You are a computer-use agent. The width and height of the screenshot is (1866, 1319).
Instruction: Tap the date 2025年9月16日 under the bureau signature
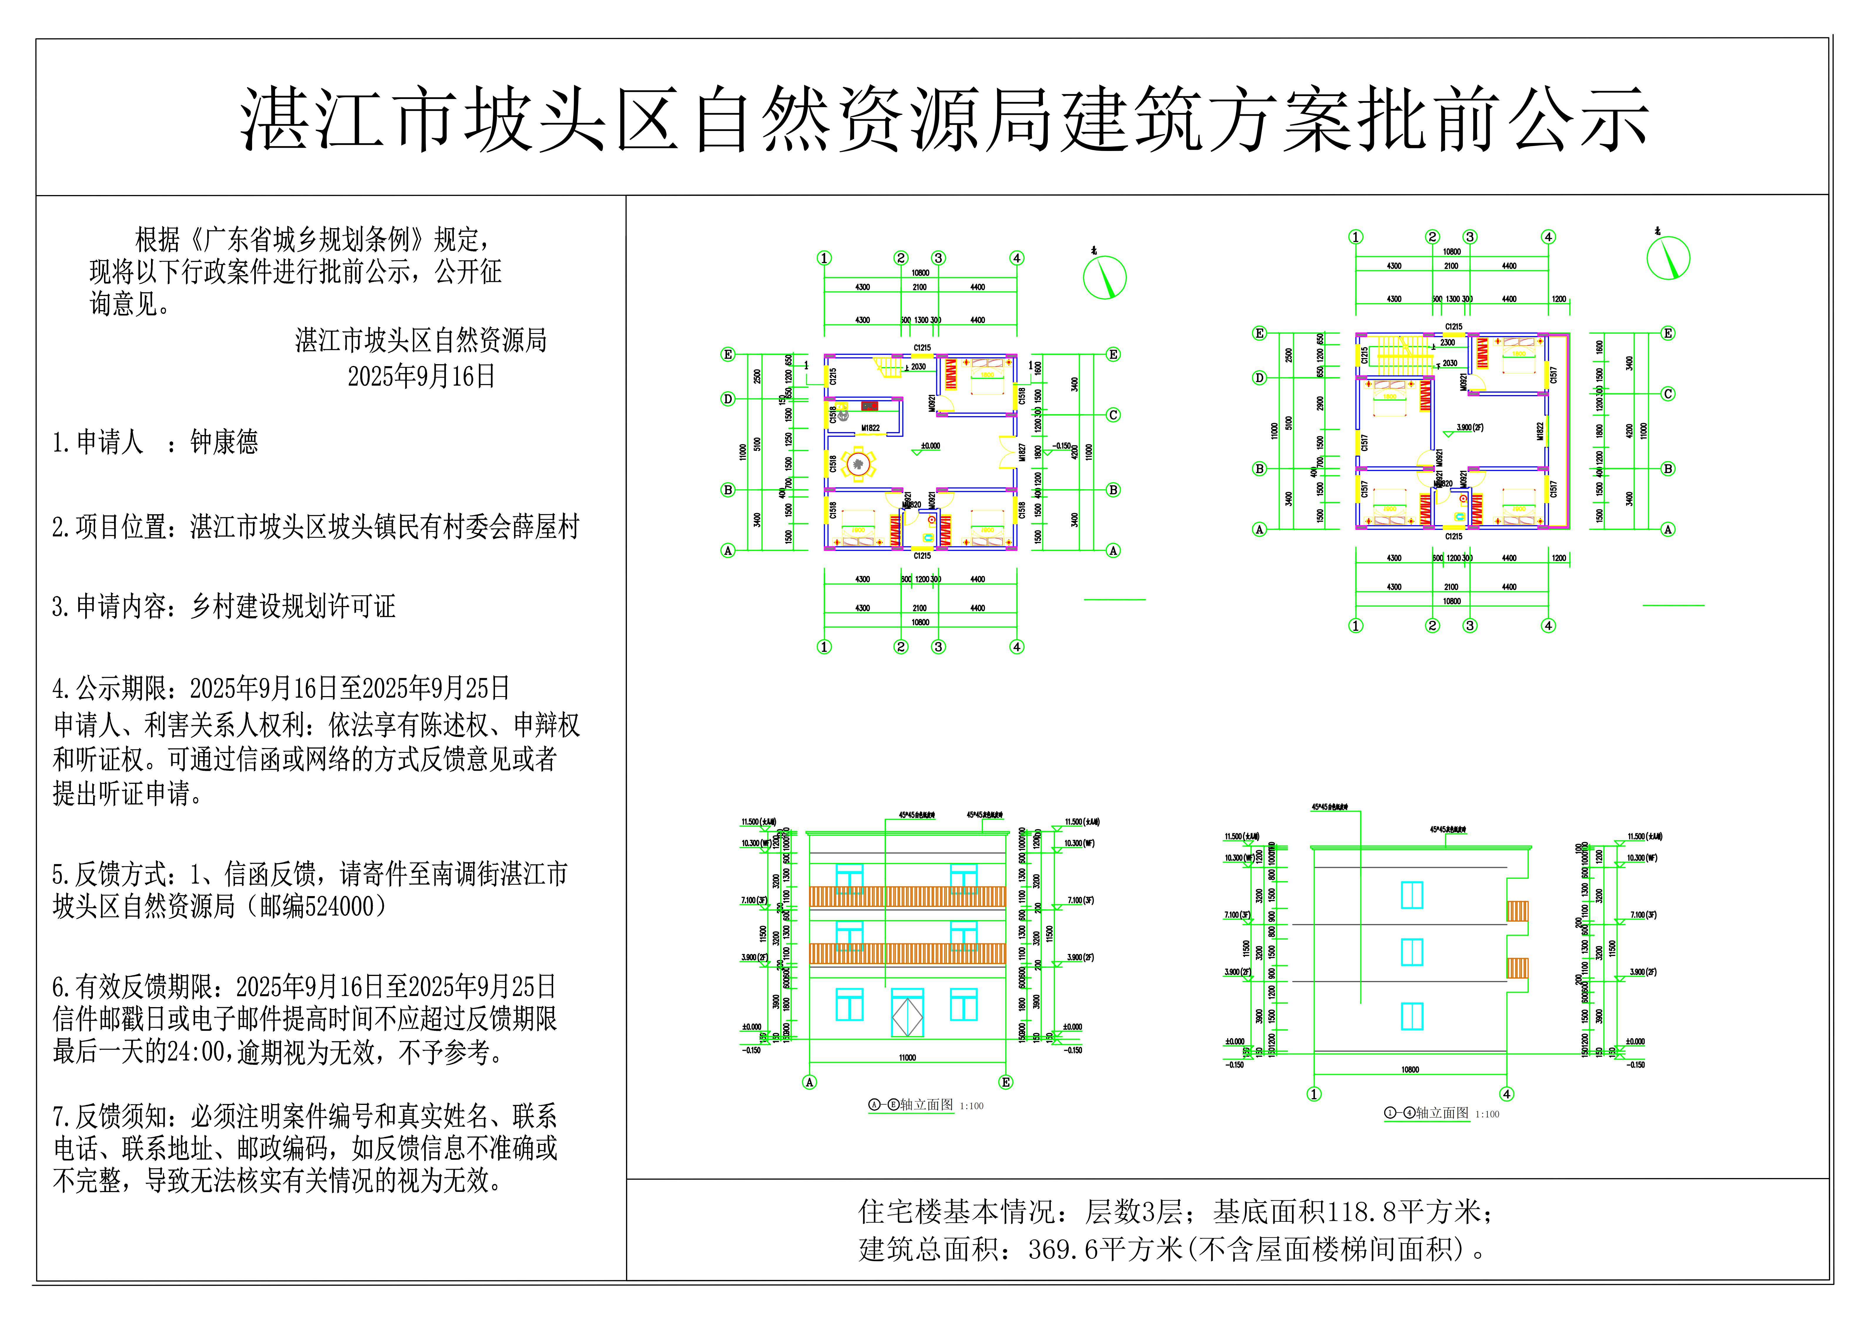click(x=421, y=376)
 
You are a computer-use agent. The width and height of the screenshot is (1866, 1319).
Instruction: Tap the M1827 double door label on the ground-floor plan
click(x=1022, y=452)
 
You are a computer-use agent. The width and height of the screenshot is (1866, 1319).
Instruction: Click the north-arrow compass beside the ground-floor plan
click(x=1105, y=277)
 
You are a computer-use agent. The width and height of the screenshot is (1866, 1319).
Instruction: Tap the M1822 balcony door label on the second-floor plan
click(x=1539, y=431)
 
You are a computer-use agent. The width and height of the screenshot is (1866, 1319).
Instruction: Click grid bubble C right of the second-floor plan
click(x=1668, y=394)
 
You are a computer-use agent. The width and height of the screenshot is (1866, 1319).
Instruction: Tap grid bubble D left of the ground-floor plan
click(x=728, y=399)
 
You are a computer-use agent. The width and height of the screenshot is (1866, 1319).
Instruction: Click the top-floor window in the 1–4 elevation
click(x=1412, y=895)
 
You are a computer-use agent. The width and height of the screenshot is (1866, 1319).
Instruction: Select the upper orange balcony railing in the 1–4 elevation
click(x=1516, y=911)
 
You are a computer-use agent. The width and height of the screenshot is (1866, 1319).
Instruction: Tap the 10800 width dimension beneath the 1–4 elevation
click(x=1410, y=1070)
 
